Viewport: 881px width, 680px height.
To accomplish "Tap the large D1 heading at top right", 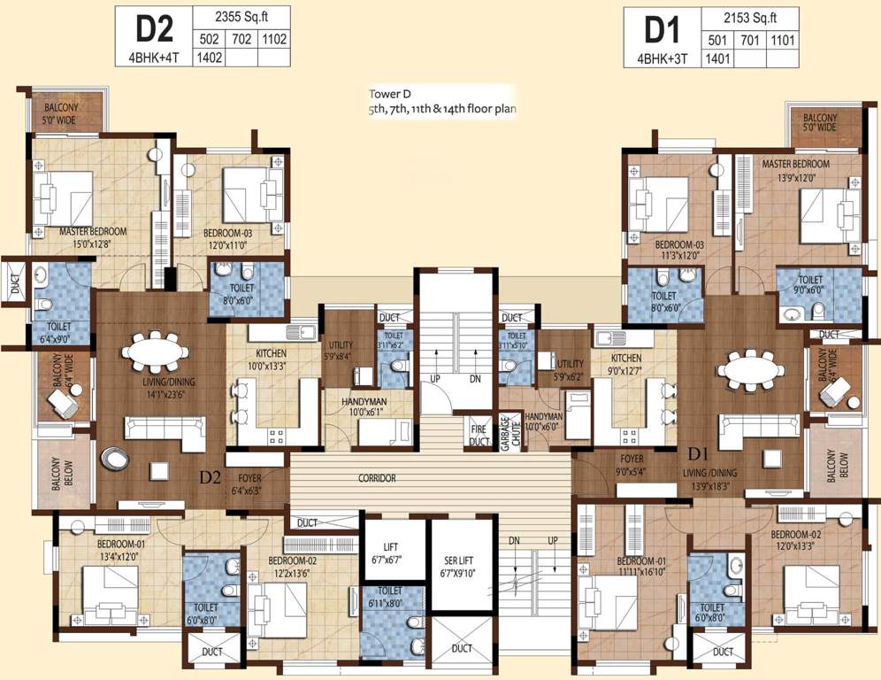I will [x=661, y=29].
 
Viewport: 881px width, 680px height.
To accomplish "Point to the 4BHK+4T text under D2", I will [x=152, y=59].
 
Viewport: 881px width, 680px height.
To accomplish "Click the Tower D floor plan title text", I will [x=442, y=102].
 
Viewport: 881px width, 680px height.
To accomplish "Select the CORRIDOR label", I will [x=377, y=478].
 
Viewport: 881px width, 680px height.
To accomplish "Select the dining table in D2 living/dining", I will [x=155, y=352].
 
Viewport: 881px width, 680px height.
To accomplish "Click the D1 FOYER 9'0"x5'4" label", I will [x=631, y=465].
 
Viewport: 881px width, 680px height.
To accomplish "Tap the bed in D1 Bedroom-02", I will [x=810, y=597].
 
